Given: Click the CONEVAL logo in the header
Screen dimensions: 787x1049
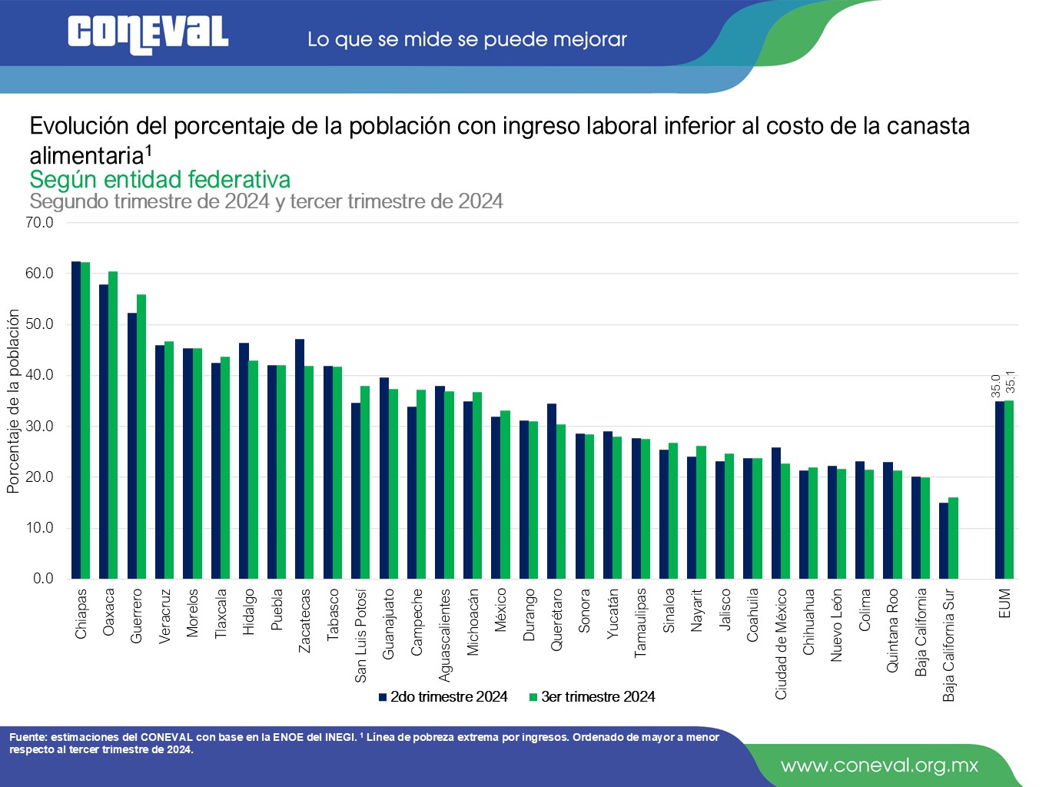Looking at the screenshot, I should pyautogui.click(x=148, y=35).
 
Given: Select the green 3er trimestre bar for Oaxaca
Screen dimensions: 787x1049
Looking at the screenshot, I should pyautogui.click(x=113, y=424).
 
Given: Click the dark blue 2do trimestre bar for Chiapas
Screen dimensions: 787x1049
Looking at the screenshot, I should pyautogui.click(x=76, y=420).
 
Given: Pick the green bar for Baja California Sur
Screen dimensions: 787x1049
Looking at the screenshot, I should pyautogui.click(x=953, y=538).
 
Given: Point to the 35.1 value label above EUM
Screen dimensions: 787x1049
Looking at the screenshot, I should pyautogui.click(x=1010, y=382).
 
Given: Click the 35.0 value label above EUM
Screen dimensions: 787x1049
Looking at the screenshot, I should pyautogui.click(x=996, y=386).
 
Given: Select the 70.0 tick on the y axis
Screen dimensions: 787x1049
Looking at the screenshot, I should pyautogui.click(x=39, y=223).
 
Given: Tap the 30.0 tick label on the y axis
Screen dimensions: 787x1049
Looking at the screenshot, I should pyautogui.click(x=39, y=427).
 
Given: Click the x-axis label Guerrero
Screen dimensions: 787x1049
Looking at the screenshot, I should pyautogui.click(x=137, y=616).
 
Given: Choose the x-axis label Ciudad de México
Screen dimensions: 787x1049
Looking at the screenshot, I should pyautogui.click(x=781, y=644).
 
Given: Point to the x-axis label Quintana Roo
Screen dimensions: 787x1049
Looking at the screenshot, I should pyautogui.click(x=892, y=630).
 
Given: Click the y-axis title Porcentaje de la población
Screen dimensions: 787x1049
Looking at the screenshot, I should pyautogui.click(x=13, y=400).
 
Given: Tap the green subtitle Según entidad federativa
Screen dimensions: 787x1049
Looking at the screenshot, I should pyautogui.click(x=160, y=180).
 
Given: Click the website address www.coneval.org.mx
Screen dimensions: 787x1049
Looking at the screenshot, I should pyautogui.click(x=879, y=765).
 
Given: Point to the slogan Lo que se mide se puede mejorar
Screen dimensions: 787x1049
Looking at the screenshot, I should pyautogui.click(x=467, y=39).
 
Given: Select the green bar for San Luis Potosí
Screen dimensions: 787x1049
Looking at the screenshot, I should pyautogui.click(x=365, y=482).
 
